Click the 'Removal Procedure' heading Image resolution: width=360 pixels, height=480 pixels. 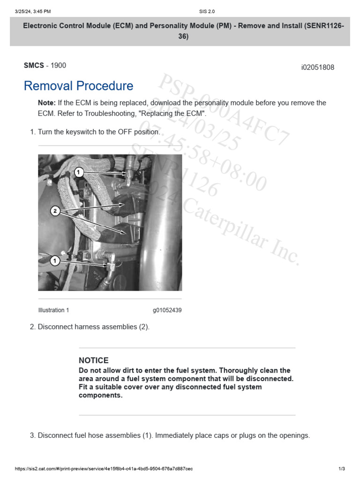coord(78,86)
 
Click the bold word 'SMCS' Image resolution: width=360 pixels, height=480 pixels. coord(34,66)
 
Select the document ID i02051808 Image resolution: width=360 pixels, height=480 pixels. coord(317,67)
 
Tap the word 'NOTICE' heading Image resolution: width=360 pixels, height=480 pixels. coord(94,360)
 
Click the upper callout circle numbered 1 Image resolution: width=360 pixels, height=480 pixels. coord(79,172)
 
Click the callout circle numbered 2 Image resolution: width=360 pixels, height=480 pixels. coord(55,211)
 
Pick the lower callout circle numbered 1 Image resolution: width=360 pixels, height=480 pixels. coord(55,261)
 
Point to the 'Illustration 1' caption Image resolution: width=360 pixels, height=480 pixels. coord(53,310)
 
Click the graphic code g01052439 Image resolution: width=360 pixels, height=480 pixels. coord(167,310)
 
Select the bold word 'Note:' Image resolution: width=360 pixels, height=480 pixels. coord(47,103)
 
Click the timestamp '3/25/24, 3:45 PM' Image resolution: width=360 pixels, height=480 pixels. coord(33,11)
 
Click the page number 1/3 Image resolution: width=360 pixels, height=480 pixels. coord(341,469)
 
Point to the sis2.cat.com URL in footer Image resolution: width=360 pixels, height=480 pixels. coord(104,469)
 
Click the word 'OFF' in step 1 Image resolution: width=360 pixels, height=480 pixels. coord(126,132)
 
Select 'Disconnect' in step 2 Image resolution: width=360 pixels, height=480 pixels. coord(55,327)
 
